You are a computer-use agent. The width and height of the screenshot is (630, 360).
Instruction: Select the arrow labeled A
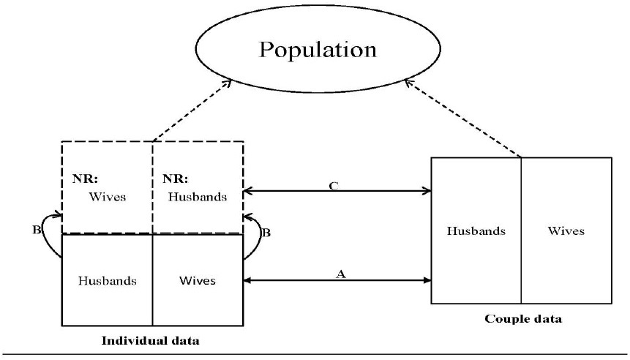click(x=337, y=280)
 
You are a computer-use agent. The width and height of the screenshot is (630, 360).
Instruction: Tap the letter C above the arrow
click(x=334, y=186)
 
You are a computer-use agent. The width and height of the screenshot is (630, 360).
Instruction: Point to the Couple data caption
click(x=523, y=319)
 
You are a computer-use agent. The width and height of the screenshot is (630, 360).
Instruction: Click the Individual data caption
click(x=151, y=341)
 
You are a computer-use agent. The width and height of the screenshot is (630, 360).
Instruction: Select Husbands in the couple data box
click(x=476, y=231)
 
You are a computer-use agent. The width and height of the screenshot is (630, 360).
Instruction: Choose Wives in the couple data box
click(x=566, y=231)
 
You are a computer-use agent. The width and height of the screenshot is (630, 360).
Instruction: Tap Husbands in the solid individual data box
click(x=107, y=280)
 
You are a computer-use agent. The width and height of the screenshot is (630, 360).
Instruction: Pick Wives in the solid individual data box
click(x=198, y=280)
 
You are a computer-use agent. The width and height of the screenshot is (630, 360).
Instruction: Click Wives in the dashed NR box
click(x=108, y=196)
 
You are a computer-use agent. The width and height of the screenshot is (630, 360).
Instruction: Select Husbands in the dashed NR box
click(x=197, y=196)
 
